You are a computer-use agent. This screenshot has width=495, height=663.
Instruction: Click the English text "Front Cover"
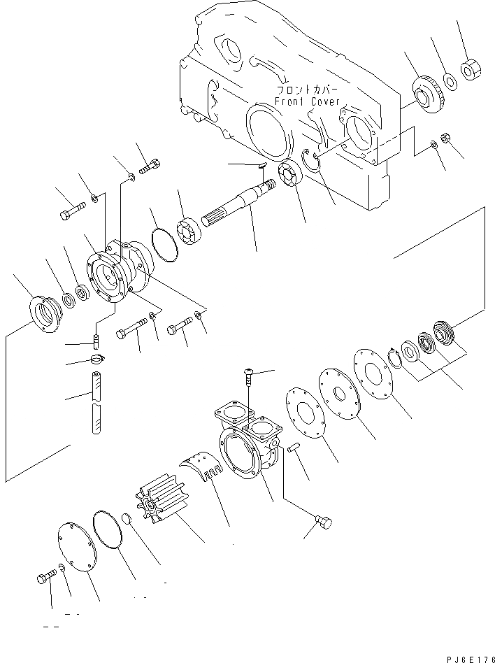tap(307, 101)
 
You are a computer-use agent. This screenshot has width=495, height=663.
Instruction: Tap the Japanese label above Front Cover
tap(307, 90)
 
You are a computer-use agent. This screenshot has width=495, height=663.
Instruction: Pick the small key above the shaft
tap(259, 165)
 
